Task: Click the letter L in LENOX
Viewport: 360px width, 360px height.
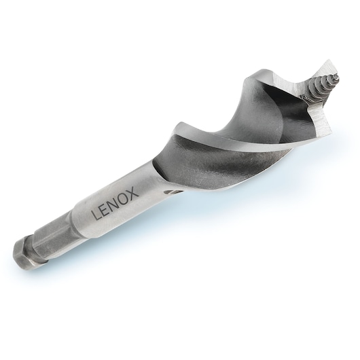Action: click(96, 215)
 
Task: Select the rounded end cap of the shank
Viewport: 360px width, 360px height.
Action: click(22, 255)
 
